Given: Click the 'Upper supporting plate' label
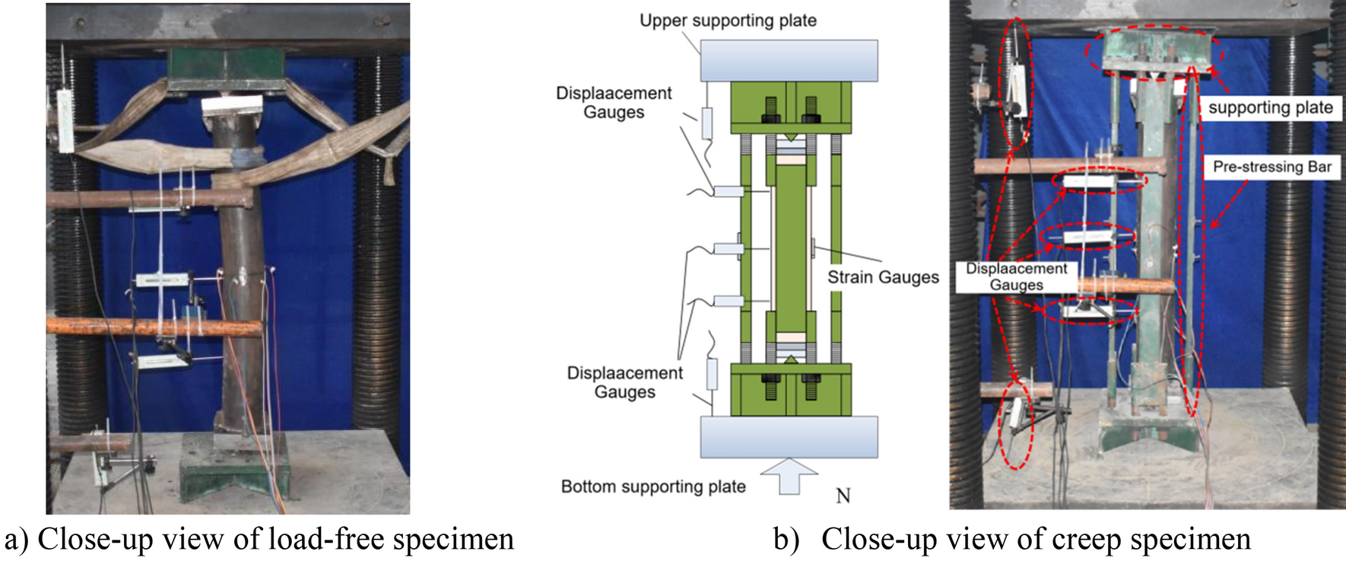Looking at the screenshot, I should tap(728, 21).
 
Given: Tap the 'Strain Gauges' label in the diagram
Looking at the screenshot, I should tap(883, 277).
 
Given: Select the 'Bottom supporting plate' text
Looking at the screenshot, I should tap(653, 486).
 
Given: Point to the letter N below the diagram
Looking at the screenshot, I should tap(843, 496).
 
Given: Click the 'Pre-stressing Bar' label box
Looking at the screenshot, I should tap(1271, 167).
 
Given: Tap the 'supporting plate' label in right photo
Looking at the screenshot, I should tap(1270, 107).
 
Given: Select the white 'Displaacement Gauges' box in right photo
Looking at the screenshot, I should tap(1017, 277).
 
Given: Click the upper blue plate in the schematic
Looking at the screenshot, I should tap(789, 61).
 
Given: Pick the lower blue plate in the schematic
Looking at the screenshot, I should tap(789, 436).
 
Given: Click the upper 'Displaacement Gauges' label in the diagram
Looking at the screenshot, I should tap(614, 103).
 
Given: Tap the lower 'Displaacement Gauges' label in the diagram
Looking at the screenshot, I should tap(624, 382).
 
